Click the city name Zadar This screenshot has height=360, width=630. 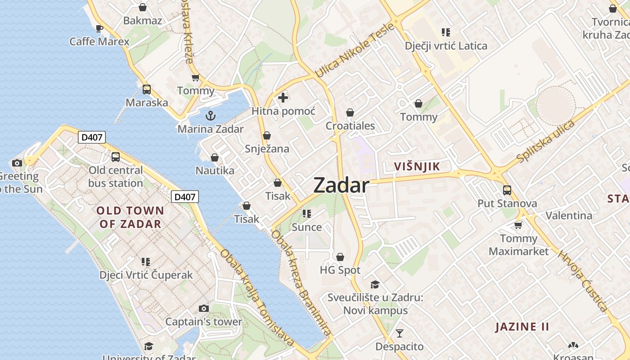coord(341,185)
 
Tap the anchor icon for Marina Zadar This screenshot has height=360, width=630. coord(210,116)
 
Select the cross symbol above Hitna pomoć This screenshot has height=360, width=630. coord(283,97)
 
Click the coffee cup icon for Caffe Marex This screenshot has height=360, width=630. coord(99,29)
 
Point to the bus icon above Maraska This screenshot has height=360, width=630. coord(147,89)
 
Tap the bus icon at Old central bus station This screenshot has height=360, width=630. coord(116,157)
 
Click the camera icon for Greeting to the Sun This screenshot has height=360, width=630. coord(17,163)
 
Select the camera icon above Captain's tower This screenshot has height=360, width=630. coord(204,308)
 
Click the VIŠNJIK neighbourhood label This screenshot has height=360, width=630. coord(417,166)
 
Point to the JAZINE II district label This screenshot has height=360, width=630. coord(522,327)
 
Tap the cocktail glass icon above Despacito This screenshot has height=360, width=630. coord(399,333)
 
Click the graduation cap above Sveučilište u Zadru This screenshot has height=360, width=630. coord(375,284)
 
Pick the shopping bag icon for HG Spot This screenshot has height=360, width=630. coord(340,257)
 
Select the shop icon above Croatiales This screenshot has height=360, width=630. coord(350,112)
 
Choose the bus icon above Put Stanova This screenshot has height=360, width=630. coord(507,190)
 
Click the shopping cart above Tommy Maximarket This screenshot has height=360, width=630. coord(518,225)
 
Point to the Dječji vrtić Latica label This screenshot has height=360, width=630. coord(446,45)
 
